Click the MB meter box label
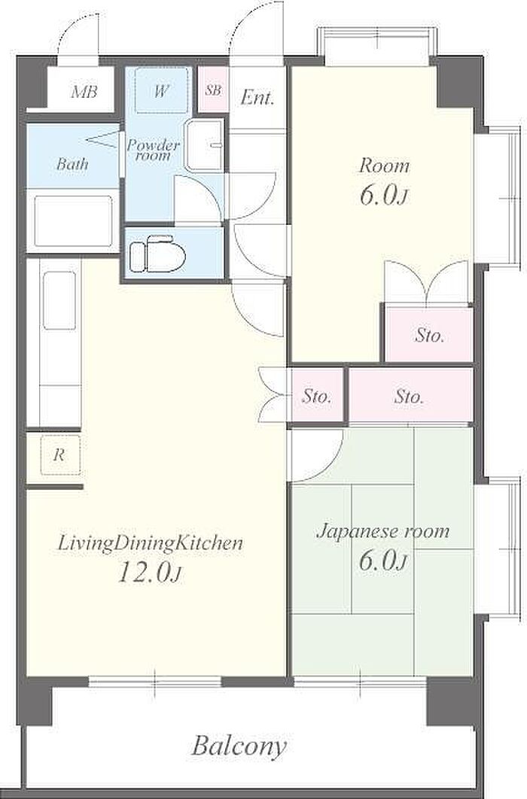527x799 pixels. coord(84,93)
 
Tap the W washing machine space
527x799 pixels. coord(161,91)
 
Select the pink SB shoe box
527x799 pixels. coord(213,90)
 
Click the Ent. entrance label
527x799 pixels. coord(257,97)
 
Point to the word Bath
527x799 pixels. coord(72,164)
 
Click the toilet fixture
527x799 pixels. coord(157,254)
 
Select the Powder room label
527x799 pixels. coord(153,150)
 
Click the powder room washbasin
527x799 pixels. coord(204,145)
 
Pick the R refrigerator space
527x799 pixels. coord(60,454)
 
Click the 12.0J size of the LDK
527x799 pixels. coord(150,573)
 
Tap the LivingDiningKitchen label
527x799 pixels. coord(150,543)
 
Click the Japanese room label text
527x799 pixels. coord(382,531)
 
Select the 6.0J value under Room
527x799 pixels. coord(383,196)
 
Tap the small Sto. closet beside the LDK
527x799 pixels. coord(317,396)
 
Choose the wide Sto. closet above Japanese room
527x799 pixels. coord(410,396)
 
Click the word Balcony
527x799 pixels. coord(239,746)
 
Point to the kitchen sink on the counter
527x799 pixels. coord(59,301)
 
